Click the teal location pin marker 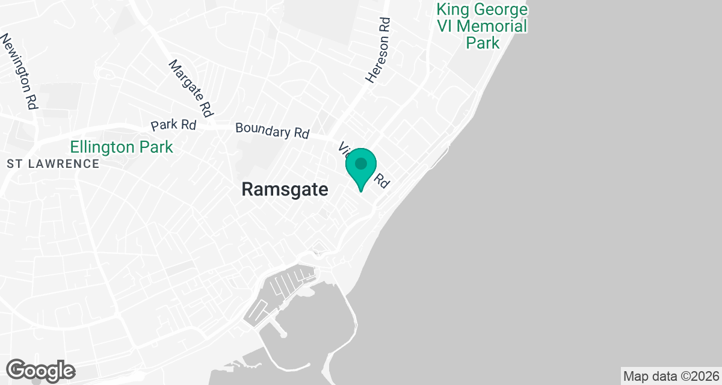[360, 168]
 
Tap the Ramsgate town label [285, 189]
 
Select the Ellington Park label [122, 147]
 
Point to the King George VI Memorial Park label [483, 26]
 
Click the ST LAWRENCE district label [53, 164]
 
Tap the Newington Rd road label [20, 71]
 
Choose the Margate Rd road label [191, 88]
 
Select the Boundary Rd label [273, 131]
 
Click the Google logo [41, 370]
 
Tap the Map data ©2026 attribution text [671, 377]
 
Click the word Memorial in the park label [496, 26]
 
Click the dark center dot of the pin [360, 163]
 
